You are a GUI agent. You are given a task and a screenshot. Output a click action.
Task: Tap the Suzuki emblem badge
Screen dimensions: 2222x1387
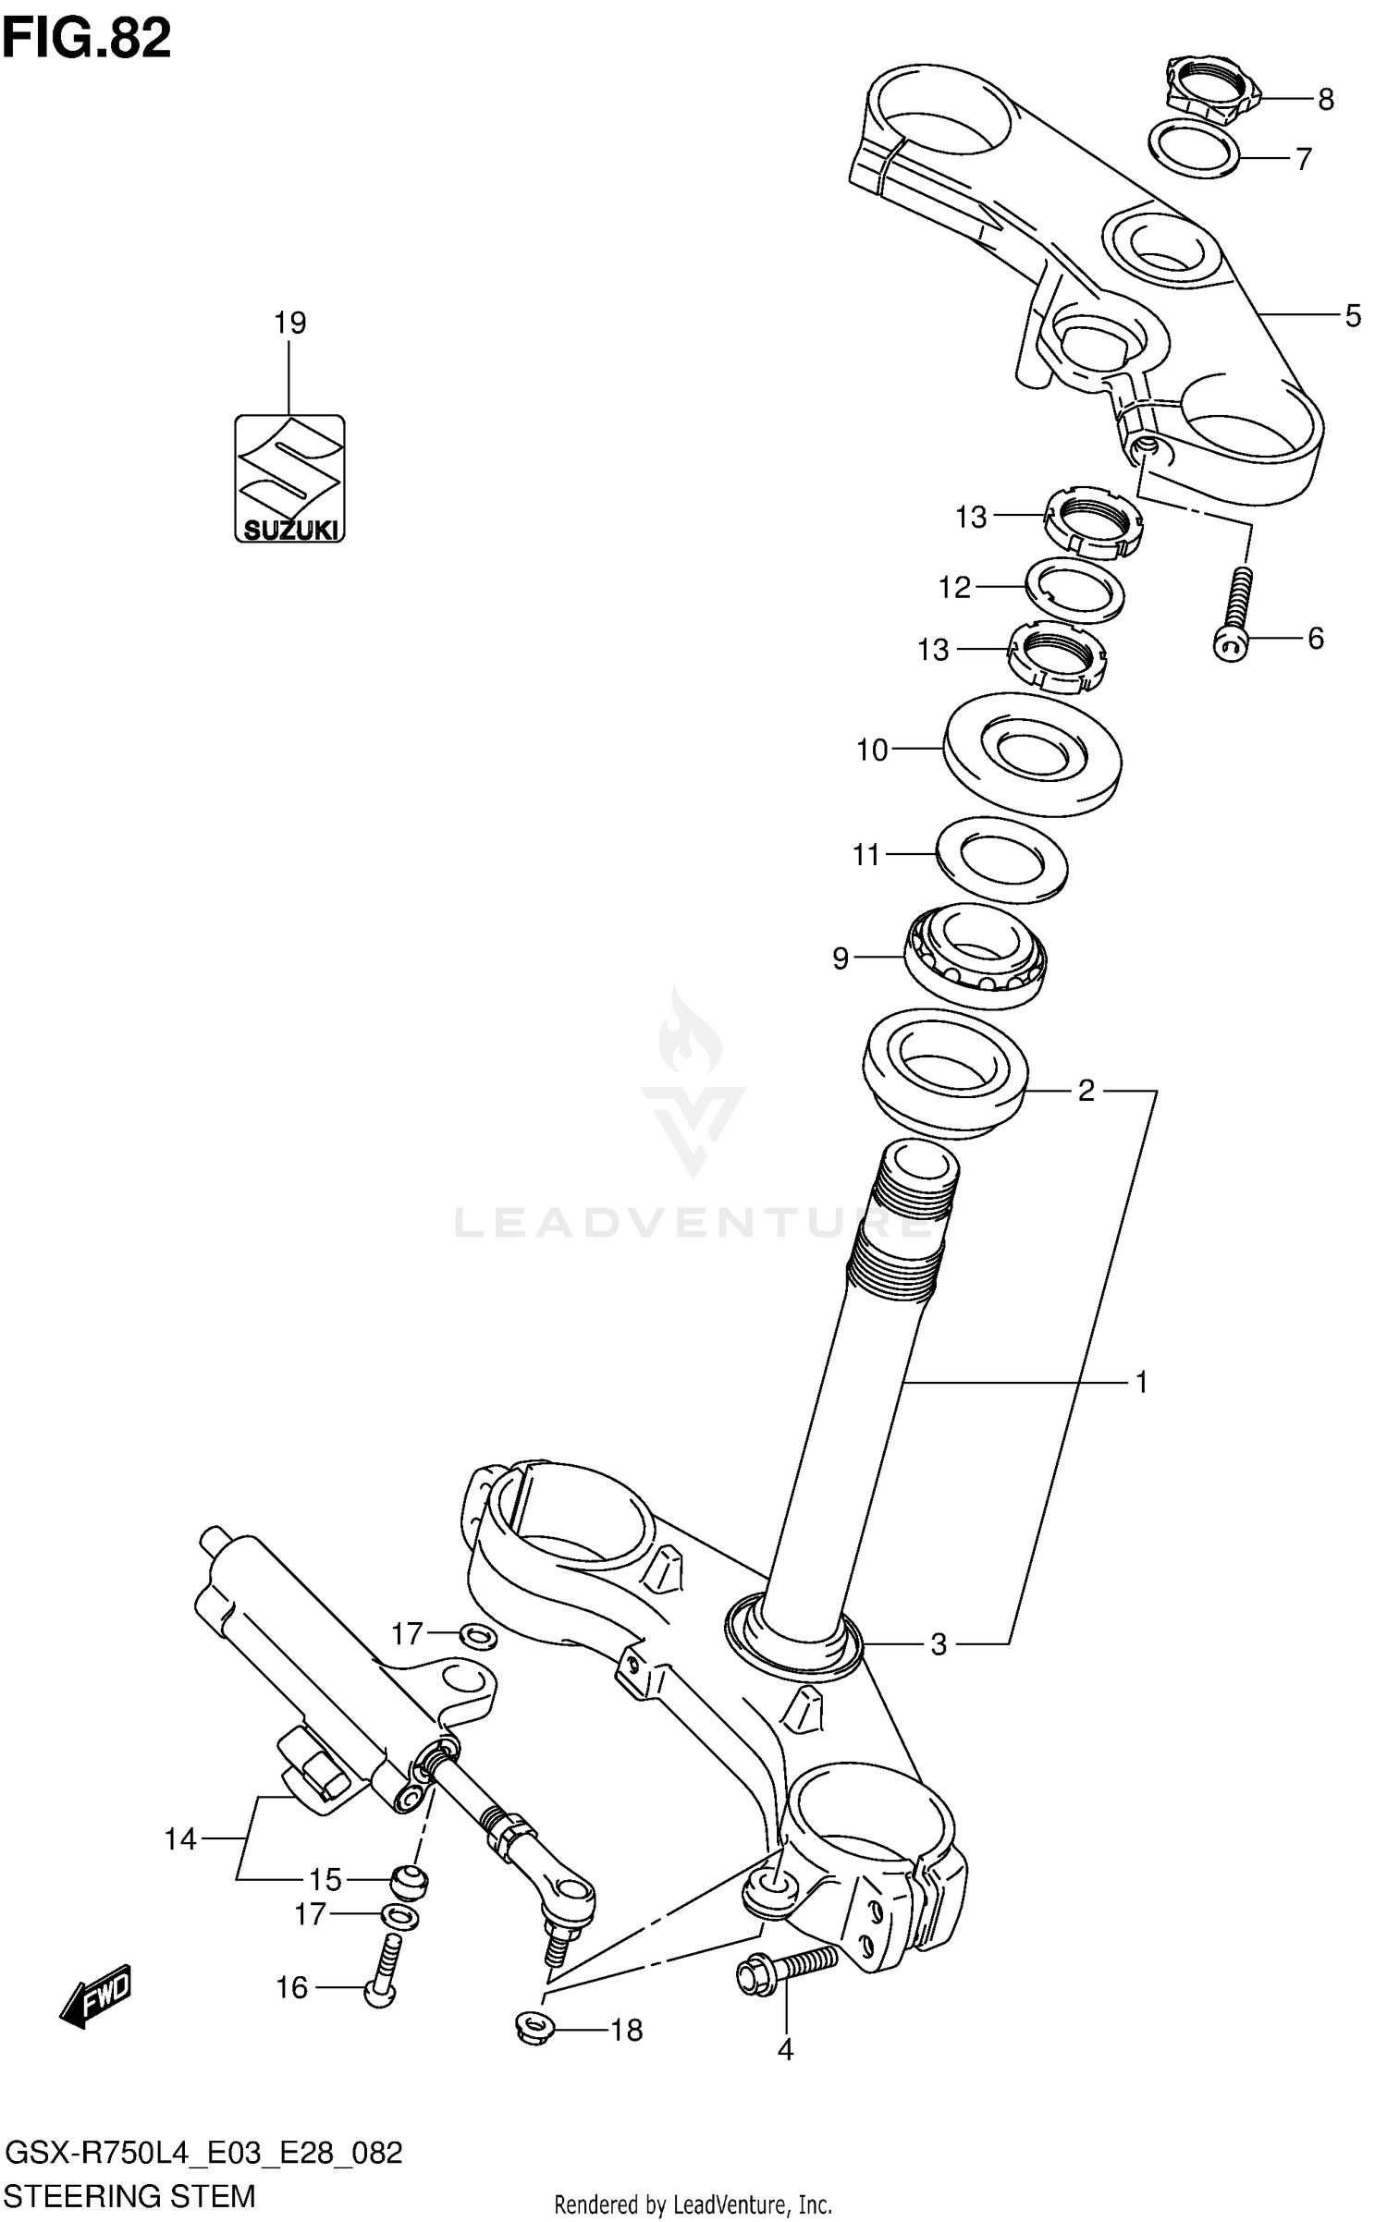[x=288, y=478]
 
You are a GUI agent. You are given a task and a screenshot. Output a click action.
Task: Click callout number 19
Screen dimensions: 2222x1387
[x=289, y=323]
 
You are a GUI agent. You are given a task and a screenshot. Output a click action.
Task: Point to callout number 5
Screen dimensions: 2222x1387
[x=1353, y=316]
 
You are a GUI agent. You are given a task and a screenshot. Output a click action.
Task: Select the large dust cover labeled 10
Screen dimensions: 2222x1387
[x=1032, y=753]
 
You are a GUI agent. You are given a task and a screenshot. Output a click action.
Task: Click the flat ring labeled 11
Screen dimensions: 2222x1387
[x=1001, y=860]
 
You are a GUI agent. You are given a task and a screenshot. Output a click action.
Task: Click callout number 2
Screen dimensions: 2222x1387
[x=1086, y=1092]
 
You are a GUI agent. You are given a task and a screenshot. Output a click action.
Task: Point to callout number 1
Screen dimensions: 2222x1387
[x=1142, y=1383]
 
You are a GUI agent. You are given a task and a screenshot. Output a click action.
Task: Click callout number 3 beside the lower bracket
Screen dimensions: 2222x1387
[x=939, y=1644]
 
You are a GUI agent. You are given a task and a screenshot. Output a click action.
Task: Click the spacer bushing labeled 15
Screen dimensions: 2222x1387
[x=408, y=1881]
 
